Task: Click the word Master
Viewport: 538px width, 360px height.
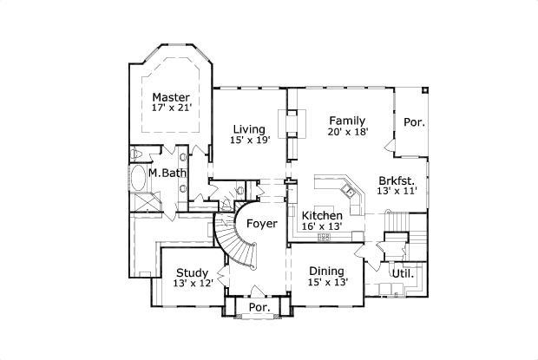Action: tap(171, 96)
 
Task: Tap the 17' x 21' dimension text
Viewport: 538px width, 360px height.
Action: tap(171, 108)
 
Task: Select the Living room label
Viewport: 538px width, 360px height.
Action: tap(248, 129)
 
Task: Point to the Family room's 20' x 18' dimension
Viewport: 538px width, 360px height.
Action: tap(347, 133)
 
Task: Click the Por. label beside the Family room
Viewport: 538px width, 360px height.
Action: tap(414, 122)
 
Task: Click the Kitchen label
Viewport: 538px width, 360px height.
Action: tap(321, 215)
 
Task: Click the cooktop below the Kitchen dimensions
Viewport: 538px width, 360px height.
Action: tap(325, 236)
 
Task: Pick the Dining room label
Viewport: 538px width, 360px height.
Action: tap(326, 271)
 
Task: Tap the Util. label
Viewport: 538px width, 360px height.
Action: tap(402, 273)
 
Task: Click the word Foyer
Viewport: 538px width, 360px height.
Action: tap(262, 224)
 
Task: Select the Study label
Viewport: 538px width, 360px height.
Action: tap(192, 273)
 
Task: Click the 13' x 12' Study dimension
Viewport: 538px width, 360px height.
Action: tap(193, 285)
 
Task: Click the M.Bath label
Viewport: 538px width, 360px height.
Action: tap(167, 173)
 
